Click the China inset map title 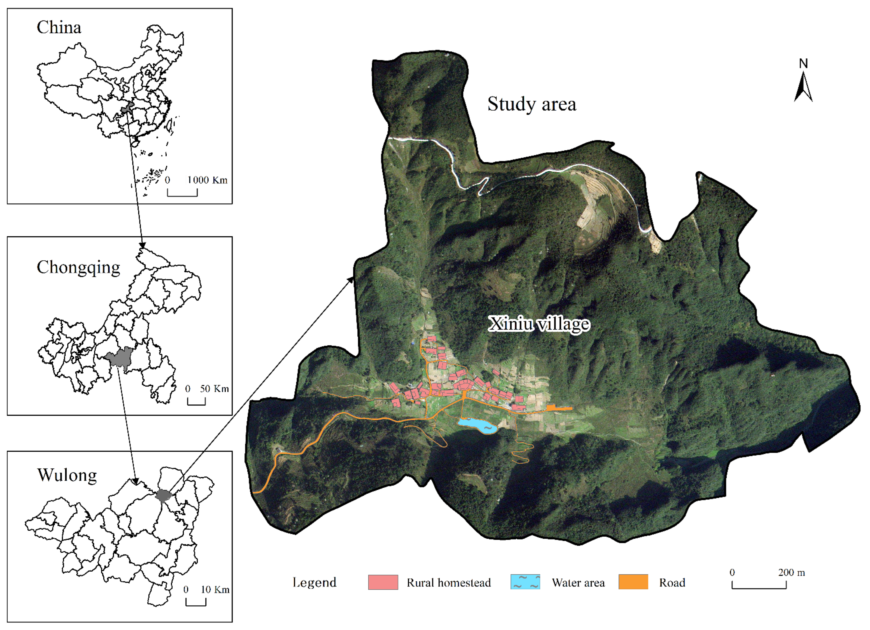(x=59, y=28)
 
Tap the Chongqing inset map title (x=78, y=267)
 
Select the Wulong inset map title (x=67, y=475)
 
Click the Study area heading (x=532, y=104)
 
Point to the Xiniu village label (x=539, y=324)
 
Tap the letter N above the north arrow (x=803, y=63)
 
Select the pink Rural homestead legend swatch (x=383, y=582)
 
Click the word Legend (x=314, y=582)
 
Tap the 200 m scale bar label (x=791, y=573)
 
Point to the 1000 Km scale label (x=207, y=180)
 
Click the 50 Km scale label (x=214, y=389)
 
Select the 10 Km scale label (x=215, y=589)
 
